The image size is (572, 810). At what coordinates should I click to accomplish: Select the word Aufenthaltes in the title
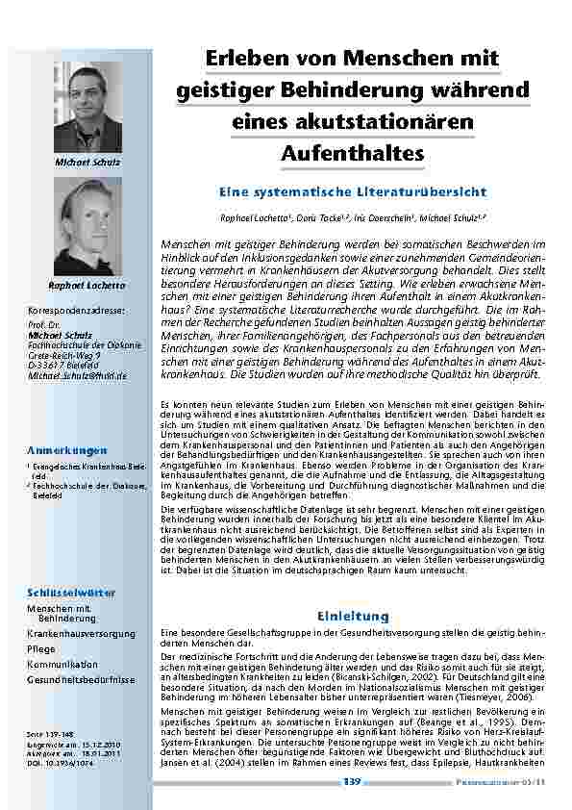coord(352,152)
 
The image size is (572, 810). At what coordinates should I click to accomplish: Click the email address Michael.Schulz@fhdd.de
coord(77,376)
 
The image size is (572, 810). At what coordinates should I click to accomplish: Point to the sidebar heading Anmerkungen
coord(67,450)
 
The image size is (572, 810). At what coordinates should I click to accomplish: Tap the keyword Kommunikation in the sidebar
coord(62,665)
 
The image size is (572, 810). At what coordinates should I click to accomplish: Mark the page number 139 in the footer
coord(352,783)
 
